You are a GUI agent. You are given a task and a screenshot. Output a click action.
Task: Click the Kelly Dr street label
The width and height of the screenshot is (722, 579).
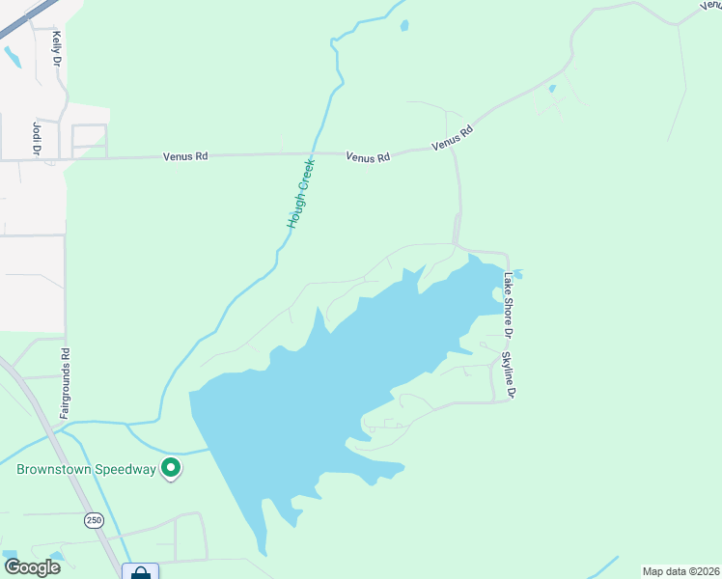[x=57, y=47]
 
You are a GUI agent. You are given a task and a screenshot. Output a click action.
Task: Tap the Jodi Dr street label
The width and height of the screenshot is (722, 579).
[x=37, y=137]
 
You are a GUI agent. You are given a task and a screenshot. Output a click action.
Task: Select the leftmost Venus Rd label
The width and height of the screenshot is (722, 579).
[x=184, y=154]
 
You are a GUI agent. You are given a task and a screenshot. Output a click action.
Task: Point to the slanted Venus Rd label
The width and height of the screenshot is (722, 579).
[x=453, y=138]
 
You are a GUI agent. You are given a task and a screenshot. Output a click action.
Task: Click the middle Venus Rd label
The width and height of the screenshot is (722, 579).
[x=368, y=156]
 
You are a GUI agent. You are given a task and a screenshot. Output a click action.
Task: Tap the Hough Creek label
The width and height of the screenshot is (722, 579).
[x=301, y=194]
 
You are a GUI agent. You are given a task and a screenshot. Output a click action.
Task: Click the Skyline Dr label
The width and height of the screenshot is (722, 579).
[x=508, y=375]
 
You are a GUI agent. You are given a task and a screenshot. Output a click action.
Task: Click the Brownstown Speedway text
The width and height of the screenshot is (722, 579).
[x=86, y=470]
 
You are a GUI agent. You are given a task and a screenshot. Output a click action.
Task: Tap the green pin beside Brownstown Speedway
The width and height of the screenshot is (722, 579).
[x=171, y=468]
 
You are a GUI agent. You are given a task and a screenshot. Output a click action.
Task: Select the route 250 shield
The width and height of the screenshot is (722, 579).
[x=93, y=520]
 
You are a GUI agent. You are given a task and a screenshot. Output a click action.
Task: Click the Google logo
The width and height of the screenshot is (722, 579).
[x=32, y=567]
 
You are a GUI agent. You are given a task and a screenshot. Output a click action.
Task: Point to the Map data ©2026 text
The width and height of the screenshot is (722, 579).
[x=680, y=571]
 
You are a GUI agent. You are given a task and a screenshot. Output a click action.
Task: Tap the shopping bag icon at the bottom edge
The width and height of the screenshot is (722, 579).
[x=140, y=572]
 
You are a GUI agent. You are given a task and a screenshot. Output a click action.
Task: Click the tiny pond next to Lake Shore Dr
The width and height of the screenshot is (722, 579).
[x=517, y=274]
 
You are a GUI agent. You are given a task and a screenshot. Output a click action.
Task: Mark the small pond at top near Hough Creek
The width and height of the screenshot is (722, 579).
[x=403, y=26]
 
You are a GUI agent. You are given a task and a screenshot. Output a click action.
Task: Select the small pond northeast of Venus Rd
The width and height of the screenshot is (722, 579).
[x=552, y=90]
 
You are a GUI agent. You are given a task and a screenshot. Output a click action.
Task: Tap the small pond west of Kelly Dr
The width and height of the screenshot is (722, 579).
[x=12, y=57]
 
